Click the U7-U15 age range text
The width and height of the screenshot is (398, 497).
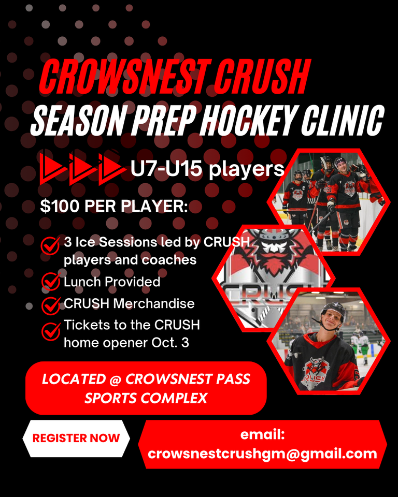click(x=166, y=168)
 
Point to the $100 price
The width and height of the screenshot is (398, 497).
click(x=60, y=207)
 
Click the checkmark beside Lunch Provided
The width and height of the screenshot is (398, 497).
click(x=51, y=281)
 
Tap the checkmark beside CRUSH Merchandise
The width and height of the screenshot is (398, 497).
click(x=51, y=305)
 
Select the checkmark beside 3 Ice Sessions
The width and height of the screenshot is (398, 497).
click(x=50, y=245)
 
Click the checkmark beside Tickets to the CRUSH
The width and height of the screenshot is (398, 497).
click(x=51, y=331)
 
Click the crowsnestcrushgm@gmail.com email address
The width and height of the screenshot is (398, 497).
click(x=262, y=454)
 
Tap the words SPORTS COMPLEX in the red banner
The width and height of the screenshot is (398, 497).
click(x=146, y=398)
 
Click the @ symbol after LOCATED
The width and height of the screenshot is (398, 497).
click(x=116, y=379)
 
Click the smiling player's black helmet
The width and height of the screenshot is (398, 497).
click(x=333, y=310)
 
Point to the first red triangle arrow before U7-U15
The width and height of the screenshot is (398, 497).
click(x=53, y=167)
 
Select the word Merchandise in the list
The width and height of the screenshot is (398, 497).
click(x=154, y=304)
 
